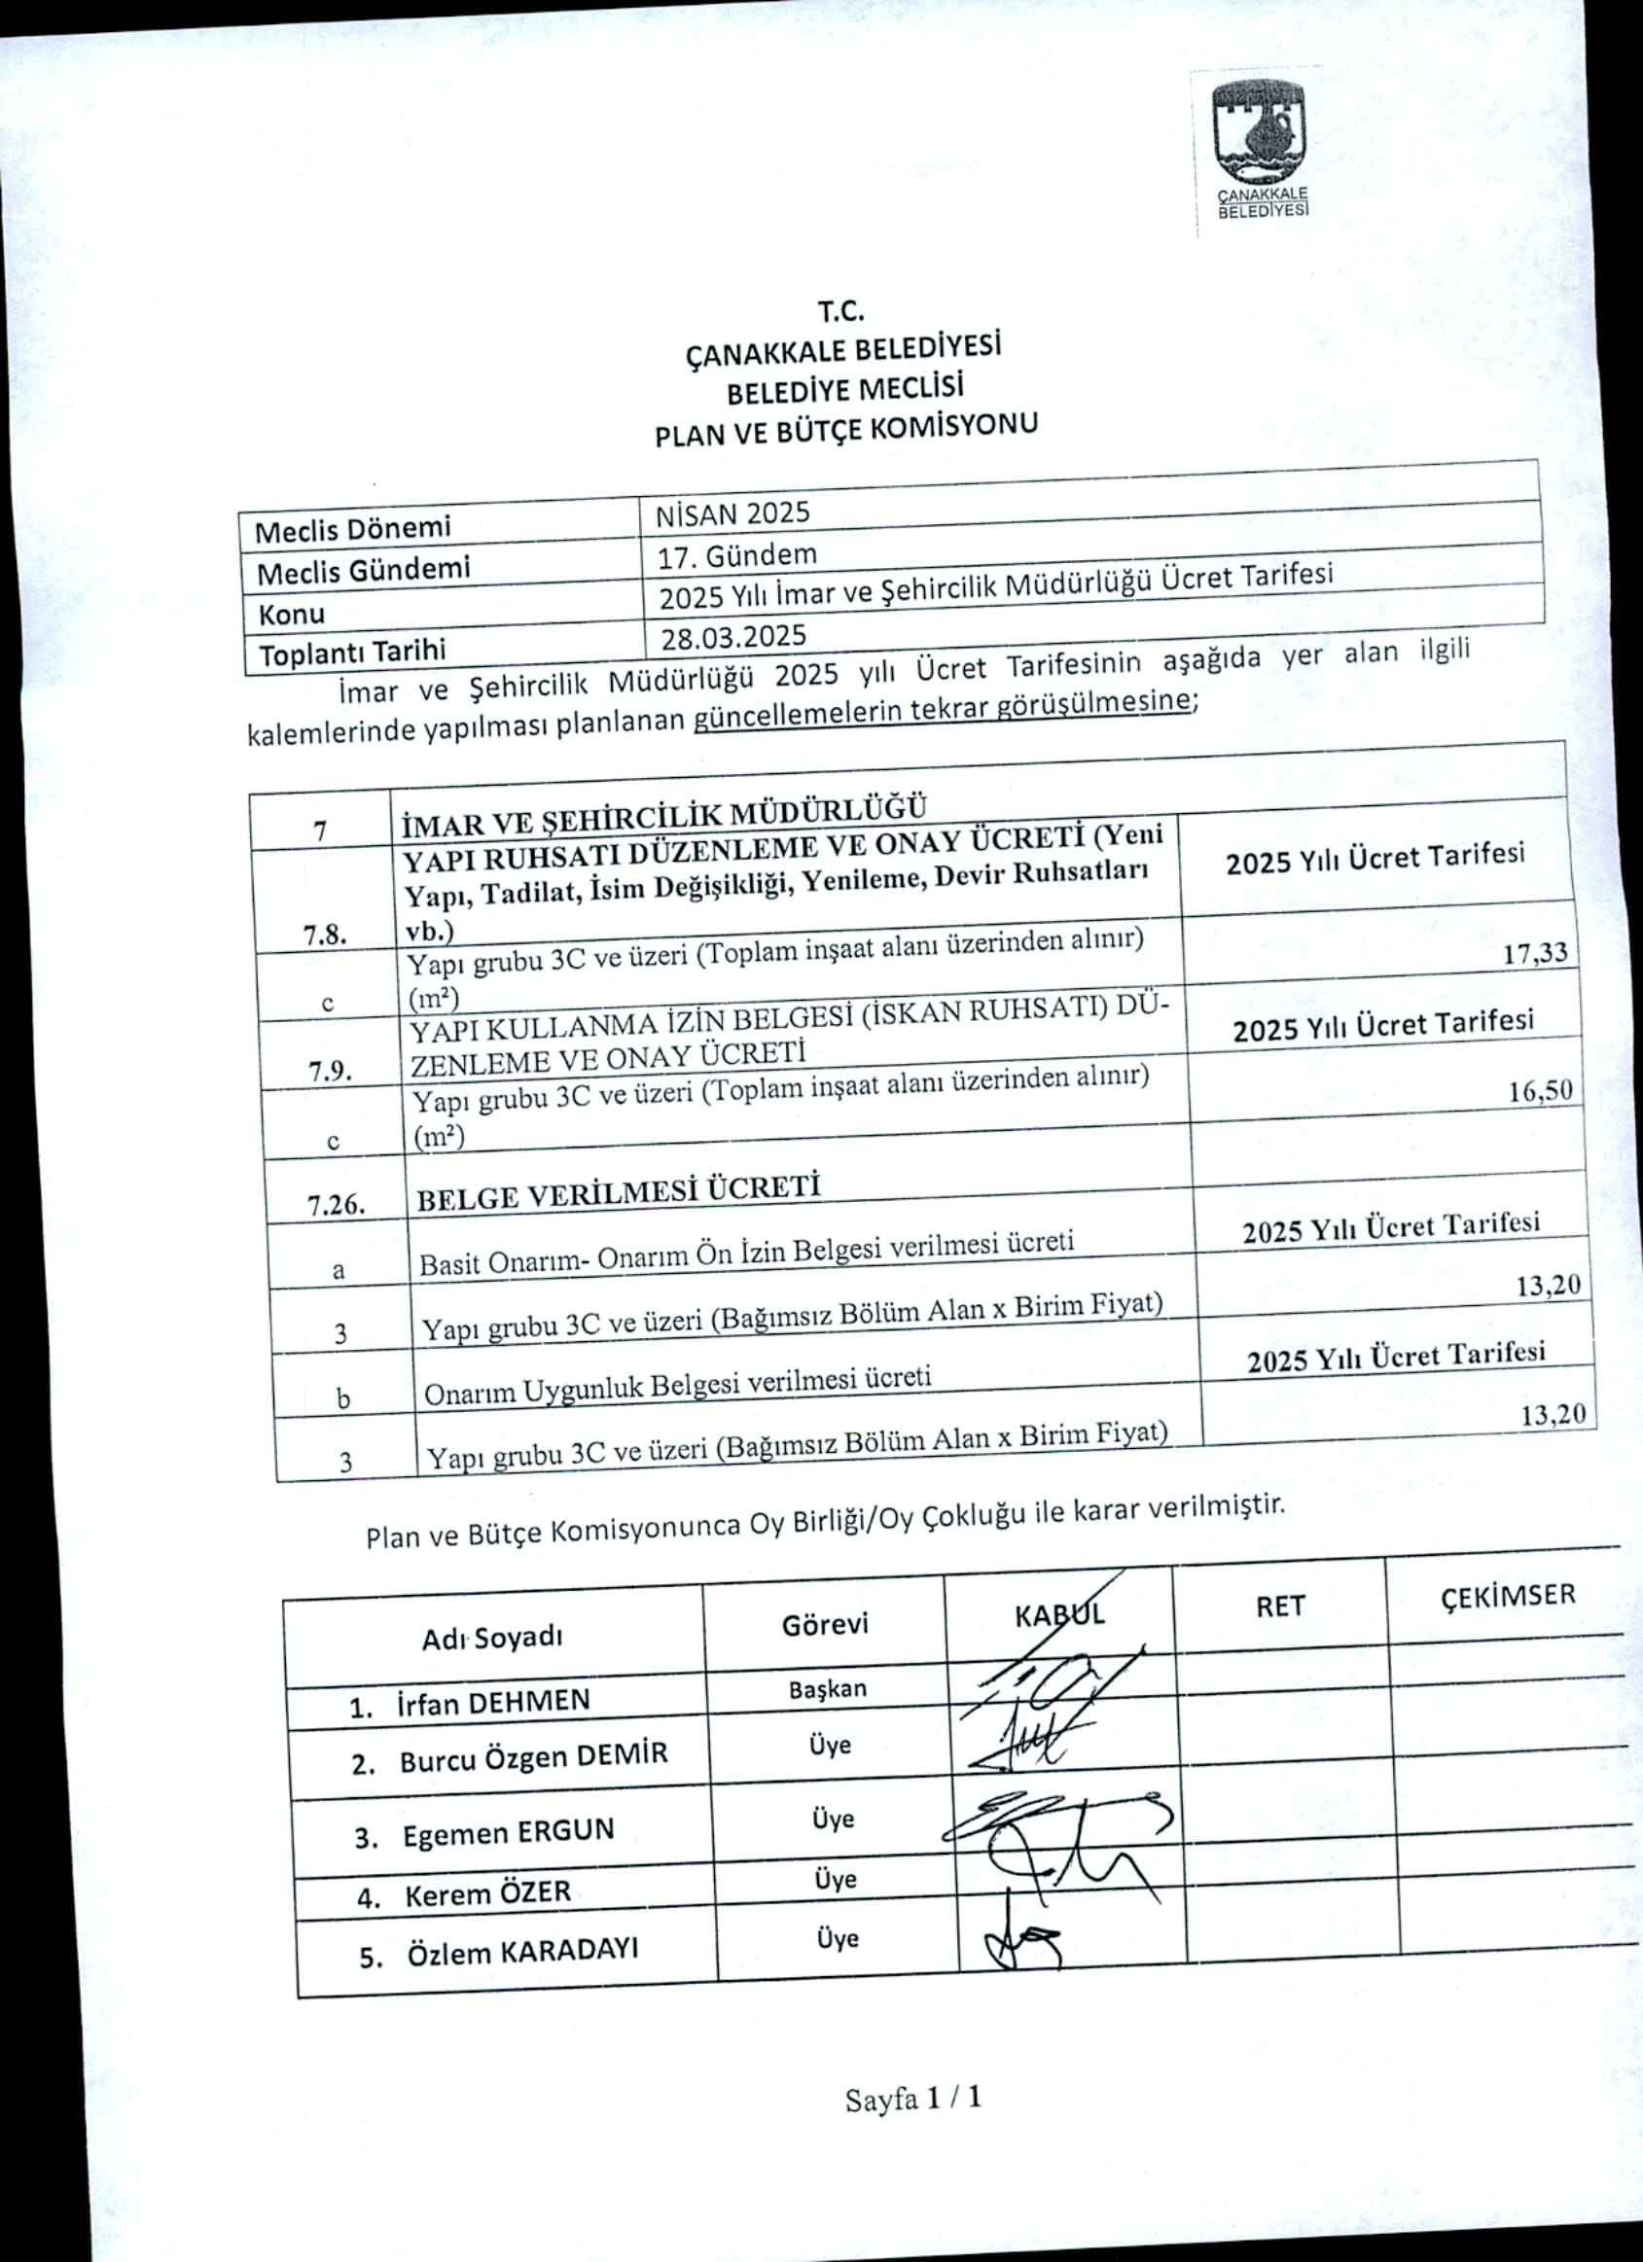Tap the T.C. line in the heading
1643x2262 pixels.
pyautogui.click(x=839, y=311)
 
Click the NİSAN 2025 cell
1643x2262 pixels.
pyautogui.click(x=733, y=513)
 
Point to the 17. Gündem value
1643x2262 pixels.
pyautogui.click(x=737, y=554)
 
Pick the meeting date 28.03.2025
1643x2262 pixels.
pyautogui.click(x=733, y=636)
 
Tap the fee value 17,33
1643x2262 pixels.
pyautogui.click(x=1534, y=952)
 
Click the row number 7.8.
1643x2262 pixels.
pyautogui.click(x=325, y=935)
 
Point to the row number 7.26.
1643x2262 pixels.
pyautogui.click(x=337, y=1206)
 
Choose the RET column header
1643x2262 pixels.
pyautogui.click(x=1280, y=1606)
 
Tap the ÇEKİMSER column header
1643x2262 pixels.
pyautogui.click(x=1509, y=1596)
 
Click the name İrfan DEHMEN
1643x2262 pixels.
pyautogui.click(x=493, y=1702)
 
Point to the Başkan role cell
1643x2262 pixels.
pyautogui.click(x=828, y=1689)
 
